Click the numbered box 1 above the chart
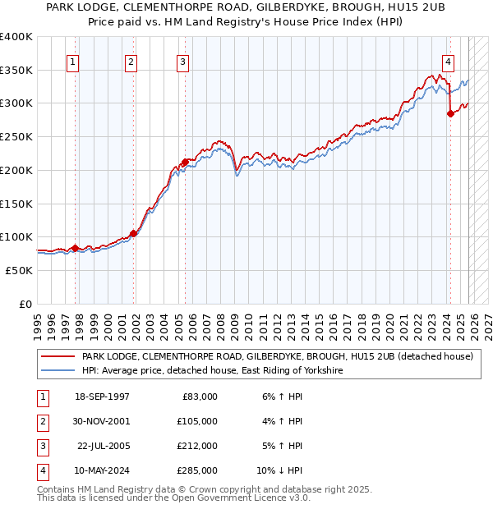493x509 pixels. [x=74, y=61]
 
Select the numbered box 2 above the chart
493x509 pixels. [x=131, y=61]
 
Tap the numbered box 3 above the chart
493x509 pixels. [x=182, y=61]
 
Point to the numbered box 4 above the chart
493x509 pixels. [x=448, y=61]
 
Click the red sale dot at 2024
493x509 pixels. [x=450, y=114]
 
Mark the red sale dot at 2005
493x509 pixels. [x=185, y=162]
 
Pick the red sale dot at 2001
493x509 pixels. [x=133, y=233]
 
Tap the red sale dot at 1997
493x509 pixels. [x=76, y=248]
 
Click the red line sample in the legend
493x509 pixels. [x=58, y=357]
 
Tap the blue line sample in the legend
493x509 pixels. [x=58, y=371]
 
